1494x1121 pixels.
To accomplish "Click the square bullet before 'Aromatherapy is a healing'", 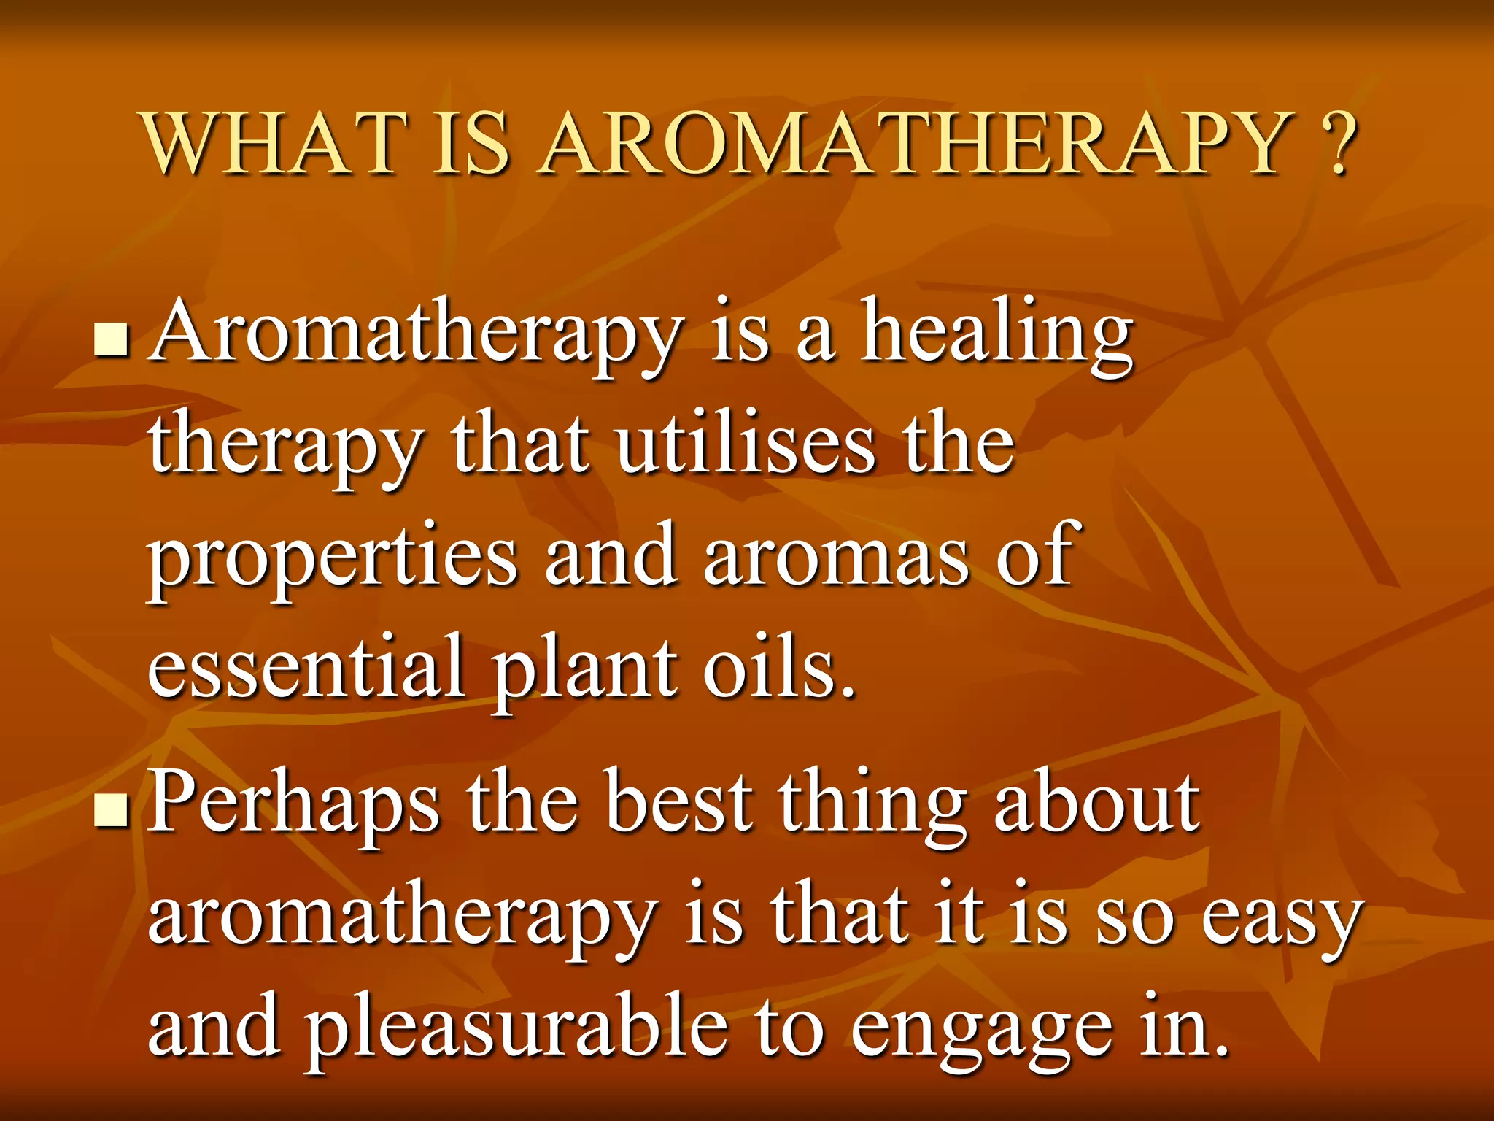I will coord(112,340).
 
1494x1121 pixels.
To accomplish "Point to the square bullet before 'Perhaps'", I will coord(112,811).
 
